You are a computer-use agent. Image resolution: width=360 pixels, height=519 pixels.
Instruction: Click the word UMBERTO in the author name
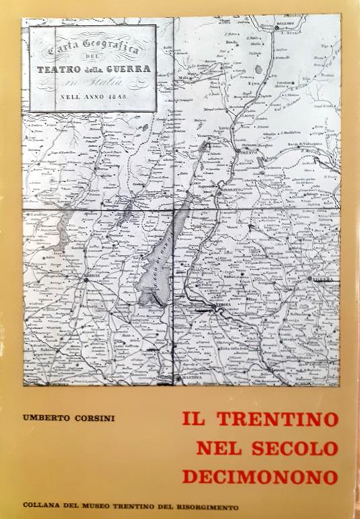(x=44, y=418)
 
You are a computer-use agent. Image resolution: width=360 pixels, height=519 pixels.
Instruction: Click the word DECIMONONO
(x=259, y=477)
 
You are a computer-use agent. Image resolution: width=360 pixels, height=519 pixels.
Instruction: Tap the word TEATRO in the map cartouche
(x=61, y=69)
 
